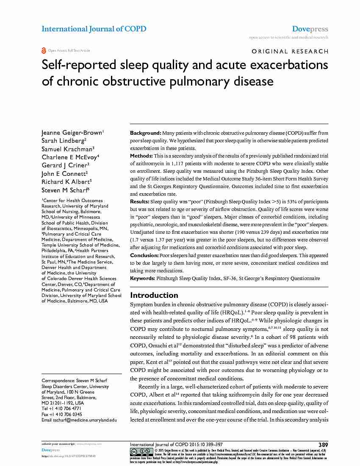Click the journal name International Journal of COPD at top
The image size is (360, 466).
pos(94,29)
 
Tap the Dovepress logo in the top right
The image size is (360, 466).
pos(310,29)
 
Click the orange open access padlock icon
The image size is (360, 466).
pos(44,50)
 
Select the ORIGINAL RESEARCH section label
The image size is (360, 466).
pos(290,51)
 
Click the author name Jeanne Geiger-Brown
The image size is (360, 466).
pos(72,133)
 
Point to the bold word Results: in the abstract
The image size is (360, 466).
pos(140,202)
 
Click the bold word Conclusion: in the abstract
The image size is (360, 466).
pos(144,255)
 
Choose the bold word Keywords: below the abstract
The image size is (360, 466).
pos(142,278)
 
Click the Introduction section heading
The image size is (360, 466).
pos(154,295)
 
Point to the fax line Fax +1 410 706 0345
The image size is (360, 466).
pos(62,414)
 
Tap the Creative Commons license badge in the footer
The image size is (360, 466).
pos(141,452)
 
